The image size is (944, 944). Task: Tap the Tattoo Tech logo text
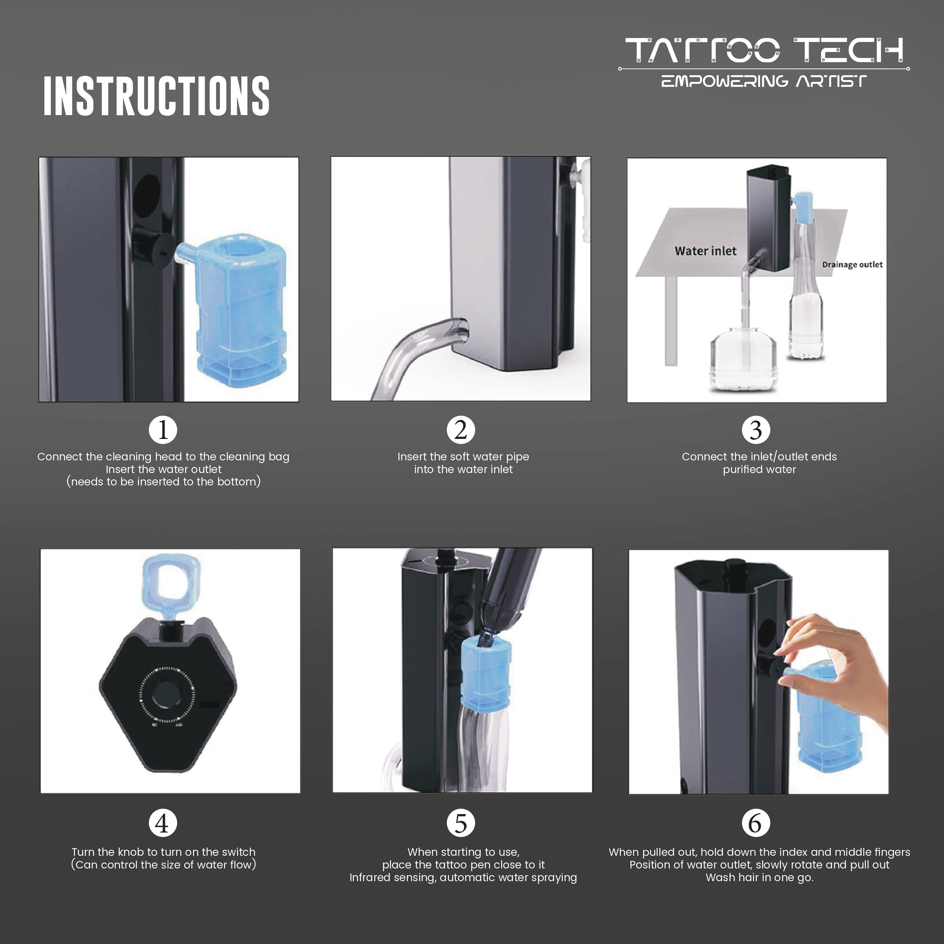tap(764, 51)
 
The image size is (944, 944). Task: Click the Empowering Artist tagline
tap(764, 81)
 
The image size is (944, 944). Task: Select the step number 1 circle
tap(163, 430)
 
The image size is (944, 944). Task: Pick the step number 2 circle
tap(460, 430)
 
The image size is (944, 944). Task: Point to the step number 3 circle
tap(756, 430)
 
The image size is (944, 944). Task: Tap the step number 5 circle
tap(460, 823)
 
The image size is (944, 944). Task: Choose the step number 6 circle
tap(756, 823)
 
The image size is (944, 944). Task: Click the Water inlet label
tap(705, 251)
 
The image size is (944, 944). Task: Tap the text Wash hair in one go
tap(759, 878)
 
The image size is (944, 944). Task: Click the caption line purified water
tap(759, 469)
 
